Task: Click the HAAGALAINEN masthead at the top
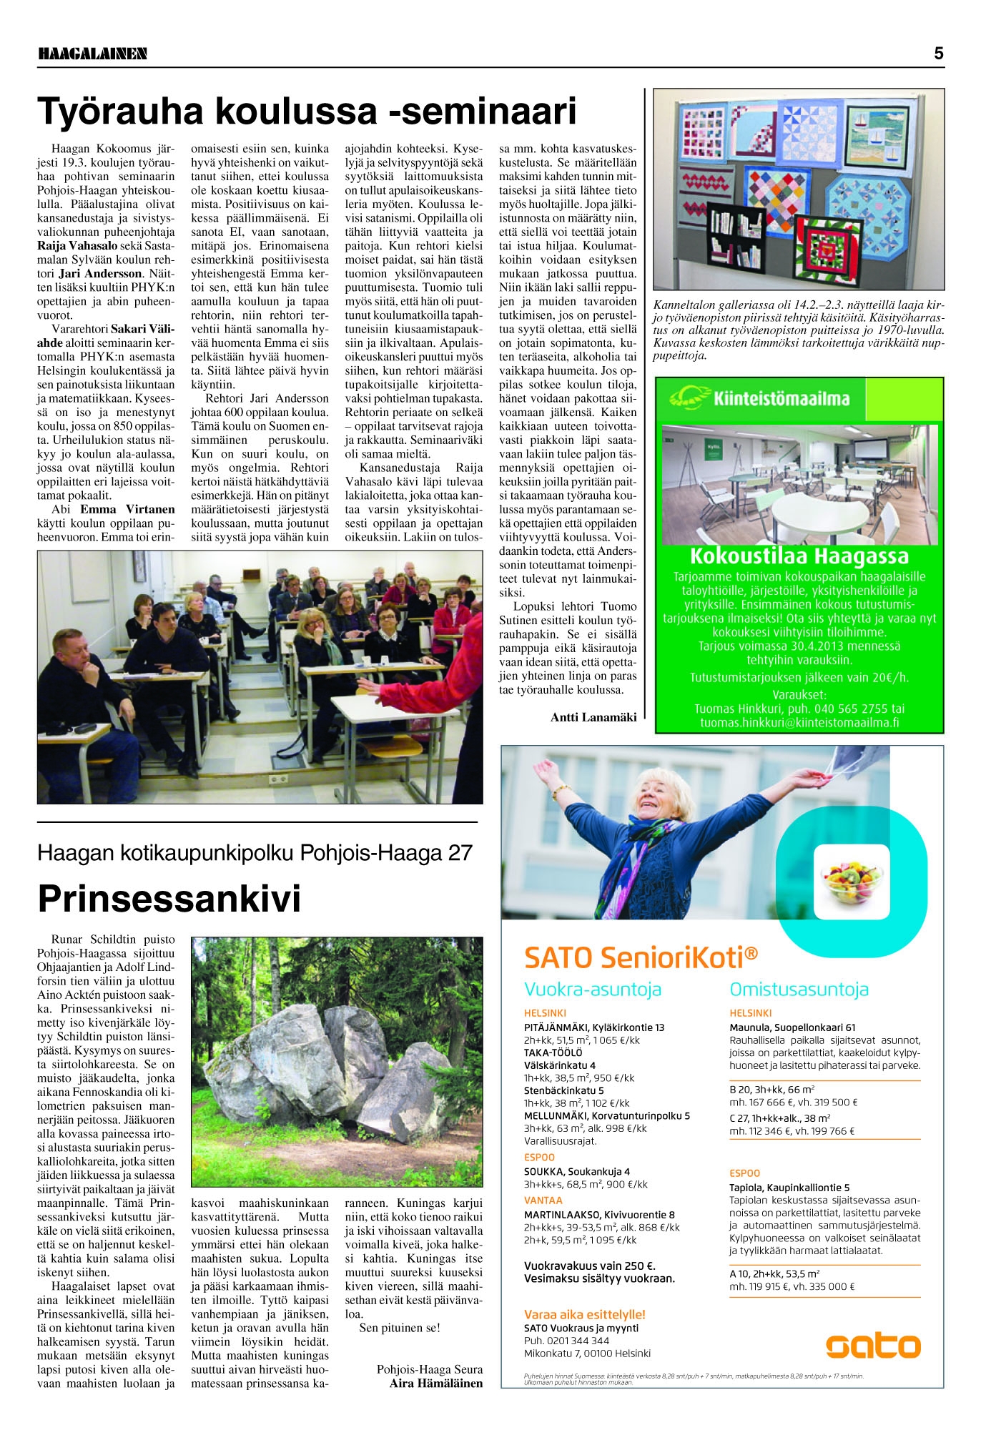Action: pyautogui.click(x=92, y=54)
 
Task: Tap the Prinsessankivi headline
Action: pyautogui.click(x=169, y=898)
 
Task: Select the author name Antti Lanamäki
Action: pyautogui.click(x=593, y=717)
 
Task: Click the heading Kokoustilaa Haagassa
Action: pyautogui.click(x=799, y=556)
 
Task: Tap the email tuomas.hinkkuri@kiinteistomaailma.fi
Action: pyautogui.click(x=799, y=722)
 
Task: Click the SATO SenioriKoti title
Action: pyautogui.click(x=641, y=956)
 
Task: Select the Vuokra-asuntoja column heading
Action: pyautogui.click(x=593, y=990)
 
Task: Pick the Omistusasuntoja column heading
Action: pyautogui.click(x=799, y=990)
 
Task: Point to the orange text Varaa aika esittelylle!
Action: pyautogui.click(x=584, y=1314)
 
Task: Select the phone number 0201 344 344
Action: pyautogui.click(x=577, y=1341)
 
